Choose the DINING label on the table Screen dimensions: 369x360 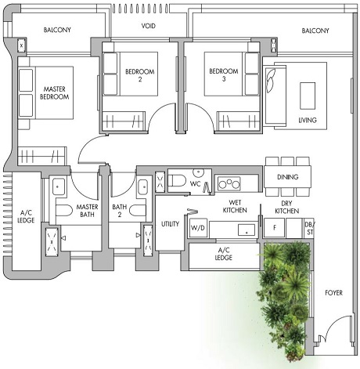click(287, 177)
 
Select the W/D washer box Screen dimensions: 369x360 click(198, 227)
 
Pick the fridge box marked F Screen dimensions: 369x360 click(275, 227)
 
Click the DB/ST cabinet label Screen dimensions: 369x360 click(308, 227)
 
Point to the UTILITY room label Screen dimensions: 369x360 click(170, 224)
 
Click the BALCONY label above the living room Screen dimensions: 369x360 click(315, 31)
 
